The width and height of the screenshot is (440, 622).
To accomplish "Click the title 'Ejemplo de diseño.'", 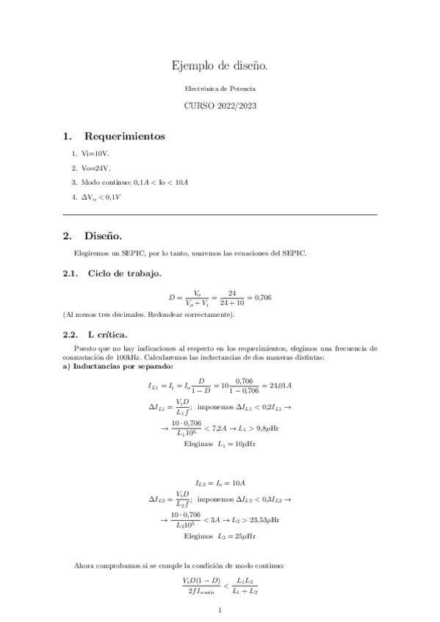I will (x=220, y=67).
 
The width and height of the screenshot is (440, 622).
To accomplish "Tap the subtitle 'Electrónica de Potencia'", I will (x=220, y=88).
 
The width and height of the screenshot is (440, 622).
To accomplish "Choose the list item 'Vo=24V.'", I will (x=95, y=168).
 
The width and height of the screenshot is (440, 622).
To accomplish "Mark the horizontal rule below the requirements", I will (x=220, y=214).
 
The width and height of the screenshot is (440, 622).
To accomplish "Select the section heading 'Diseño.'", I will (x=104, y=236).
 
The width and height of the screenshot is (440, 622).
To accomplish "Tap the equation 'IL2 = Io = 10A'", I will (x=220, y=483).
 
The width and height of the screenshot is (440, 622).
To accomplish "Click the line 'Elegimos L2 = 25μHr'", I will (x=220, y=536).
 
